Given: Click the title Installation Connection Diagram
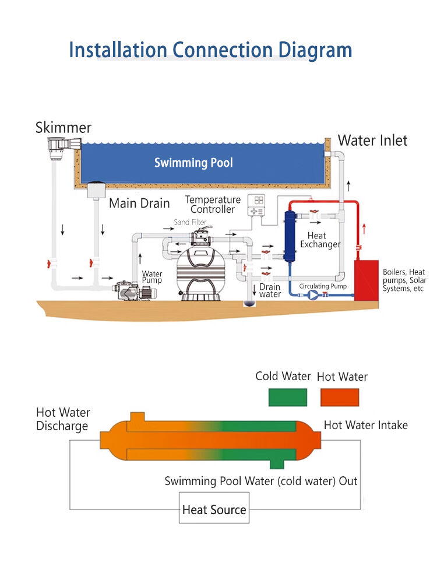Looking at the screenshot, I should pos(210,50).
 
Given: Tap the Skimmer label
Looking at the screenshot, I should pos(63,128).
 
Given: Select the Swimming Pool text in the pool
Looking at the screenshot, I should pos(193,163).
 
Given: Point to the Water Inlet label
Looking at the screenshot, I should pos(373,140).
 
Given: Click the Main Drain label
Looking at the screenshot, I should pos(139,203).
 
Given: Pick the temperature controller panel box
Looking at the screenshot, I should pos(258,205).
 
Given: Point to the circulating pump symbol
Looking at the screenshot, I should pos(314,296).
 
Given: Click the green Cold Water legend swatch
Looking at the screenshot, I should pos(287,397).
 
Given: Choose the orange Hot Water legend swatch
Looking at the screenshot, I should pos(340,397).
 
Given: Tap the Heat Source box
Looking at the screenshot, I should pos(214,510).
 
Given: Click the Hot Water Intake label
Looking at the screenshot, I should pos(366,425).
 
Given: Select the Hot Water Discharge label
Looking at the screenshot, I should pos(63,419).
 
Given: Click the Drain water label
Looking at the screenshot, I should pos(270,290).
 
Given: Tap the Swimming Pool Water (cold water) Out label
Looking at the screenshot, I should pos(261,481).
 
